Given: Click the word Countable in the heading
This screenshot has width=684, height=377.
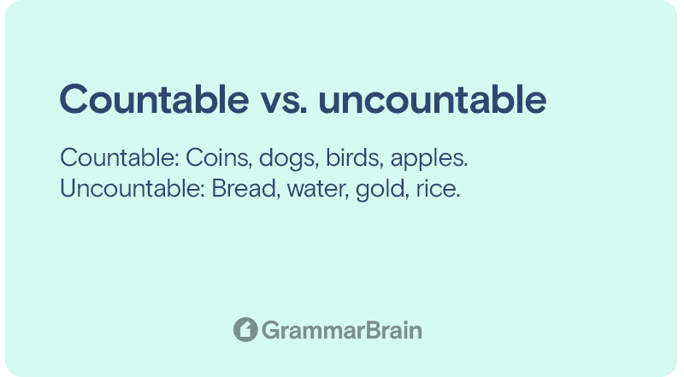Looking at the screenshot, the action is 155,99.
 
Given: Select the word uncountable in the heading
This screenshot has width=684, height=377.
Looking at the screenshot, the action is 433,99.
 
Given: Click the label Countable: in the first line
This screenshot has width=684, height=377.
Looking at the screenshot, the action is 120,157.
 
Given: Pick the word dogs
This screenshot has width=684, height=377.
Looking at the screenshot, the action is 286,159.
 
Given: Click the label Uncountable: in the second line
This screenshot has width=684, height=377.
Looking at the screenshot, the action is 133,188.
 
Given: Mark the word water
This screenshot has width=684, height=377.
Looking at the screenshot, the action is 318,191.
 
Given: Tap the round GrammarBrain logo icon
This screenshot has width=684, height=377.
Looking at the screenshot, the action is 245,329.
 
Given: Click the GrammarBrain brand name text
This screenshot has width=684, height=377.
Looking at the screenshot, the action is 342,330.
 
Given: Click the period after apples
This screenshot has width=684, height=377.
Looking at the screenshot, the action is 466,166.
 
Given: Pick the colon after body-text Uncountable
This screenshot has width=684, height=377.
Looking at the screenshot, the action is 203,191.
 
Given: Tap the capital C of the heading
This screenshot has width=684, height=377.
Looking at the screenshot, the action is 72,99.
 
